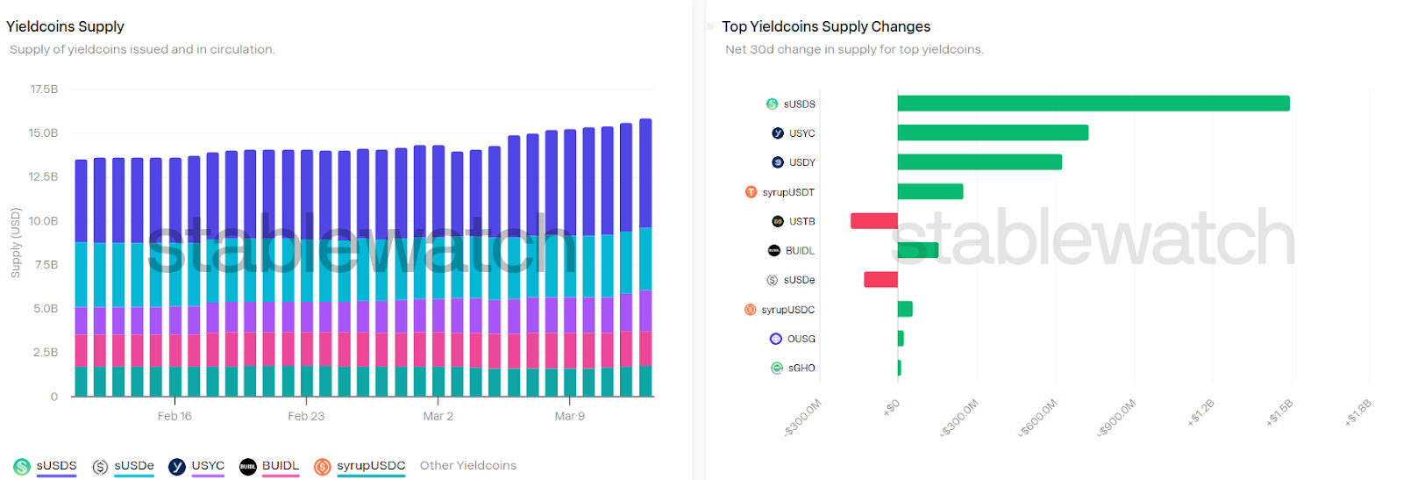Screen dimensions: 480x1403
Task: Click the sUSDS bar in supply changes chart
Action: tap(1093, 104)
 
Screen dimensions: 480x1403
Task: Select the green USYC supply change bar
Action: tap(993, 133)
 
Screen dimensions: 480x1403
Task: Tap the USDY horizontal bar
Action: tap(979, 162)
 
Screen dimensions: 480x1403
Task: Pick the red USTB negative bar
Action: tap(873, 221)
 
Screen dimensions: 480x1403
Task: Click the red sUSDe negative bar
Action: tap(880, 280)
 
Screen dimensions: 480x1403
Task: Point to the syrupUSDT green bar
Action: tap(930, 191)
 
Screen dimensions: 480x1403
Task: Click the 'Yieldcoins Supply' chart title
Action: tap(65, 26)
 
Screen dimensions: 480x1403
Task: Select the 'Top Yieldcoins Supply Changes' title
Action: tap(825, 26)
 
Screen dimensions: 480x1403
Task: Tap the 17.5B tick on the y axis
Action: tap(44, 90)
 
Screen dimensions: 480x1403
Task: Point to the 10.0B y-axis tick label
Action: tap(44, 221)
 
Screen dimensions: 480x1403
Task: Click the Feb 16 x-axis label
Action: tap(174, 416)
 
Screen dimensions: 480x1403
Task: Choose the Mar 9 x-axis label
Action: tap(569, 416)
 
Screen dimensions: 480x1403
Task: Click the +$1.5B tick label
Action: tap(1279, 412)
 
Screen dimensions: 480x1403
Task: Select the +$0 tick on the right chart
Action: tap(891, 407)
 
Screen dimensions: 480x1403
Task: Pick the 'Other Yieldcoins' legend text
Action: tap(467, 466)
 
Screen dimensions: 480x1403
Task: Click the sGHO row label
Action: tap(801, 369)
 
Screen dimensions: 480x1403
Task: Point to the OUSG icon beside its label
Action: tap(776, 339)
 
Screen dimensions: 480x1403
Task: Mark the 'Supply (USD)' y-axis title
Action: tap(15, 243)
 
